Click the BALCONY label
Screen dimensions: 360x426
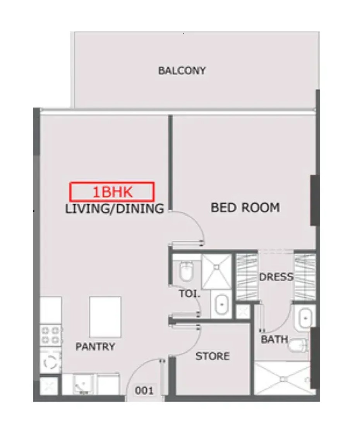(x=182, y=70)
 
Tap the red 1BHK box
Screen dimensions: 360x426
(x=112, y=192)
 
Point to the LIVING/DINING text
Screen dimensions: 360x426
(x=114, y=209)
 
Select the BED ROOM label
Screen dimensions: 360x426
(x=245, y=208)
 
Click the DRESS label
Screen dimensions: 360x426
(x=276, y=277)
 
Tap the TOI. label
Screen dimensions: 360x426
(x=190, y=294)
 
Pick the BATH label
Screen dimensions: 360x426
(x=274, y=339)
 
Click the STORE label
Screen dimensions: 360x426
(x=213, y=356)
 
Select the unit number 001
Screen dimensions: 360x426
(x=144, y=390)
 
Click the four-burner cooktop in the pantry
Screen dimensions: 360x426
(x=51, y=335)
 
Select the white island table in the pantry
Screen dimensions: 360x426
(x=105, y=317)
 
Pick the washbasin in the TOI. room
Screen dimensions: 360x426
(x=222, y=304)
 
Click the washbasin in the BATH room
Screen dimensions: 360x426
(x=305, y=318)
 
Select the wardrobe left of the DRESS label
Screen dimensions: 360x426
(x=247, y=277)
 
